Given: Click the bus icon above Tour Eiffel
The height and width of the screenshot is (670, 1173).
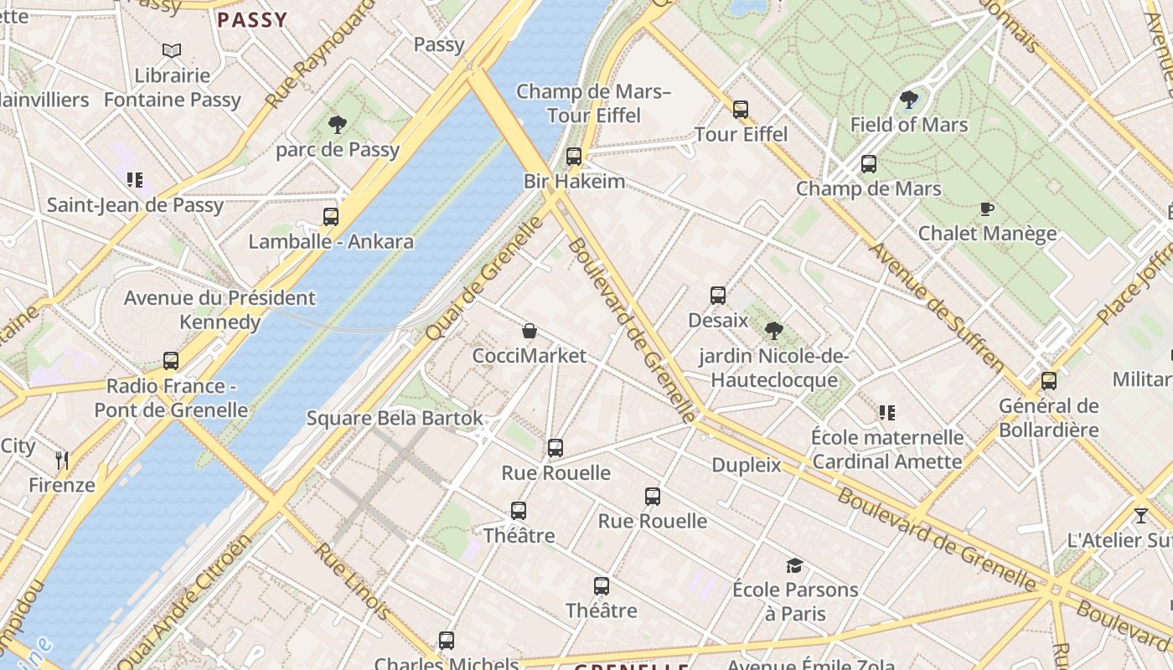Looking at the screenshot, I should pyautogui.click(x=740, y=109).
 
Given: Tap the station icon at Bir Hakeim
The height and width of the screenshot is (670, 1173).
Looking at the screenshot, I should pyautogui.click(x=574, y=156).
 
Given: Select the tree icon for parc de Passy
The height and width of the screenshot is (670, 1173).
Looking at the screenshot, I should pyautogui.click(x=338, y=125).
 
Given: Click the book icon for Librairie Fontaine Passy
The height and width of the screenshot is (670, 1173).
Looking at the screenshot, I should pyautogui.click(x=172, y=51).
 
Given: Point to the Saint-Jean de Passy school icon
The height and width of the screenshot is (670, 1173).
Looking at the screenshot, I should pyautogui.click(x=135, y=179).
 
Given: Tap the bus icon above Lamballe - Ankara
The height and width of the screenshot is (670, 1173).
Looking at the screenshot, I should pyautogui.click(x=331, y=217).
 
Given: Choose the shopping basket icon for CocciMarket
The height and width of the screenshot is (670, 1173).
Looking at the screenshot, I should pyautogui.click(x=530, y=331).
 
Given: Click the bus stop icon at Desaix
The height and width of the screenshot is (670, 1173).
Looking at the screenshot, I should pyautogui.click(x=718, y=295).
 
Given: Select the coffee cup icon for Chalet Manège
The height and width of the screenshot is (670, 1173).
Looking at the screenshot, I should pyautogui.click(x=987, y=209).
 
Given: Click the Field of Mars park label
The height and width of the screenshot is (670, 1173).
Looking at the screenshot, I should pyautogui.click(x=909, y=125).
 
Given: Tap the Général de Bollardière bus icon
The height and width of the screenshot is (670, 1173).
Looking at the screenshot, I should pyautogui.click(x=1048, y=381).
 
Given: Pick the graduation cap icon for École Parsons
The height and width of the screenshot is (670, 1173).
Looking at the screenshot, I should pyautogui.click(x=794, y=565).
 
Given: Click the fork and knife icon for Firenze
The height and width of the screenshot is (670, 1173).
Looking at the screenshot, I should pyautogui.click(x=61, y=460).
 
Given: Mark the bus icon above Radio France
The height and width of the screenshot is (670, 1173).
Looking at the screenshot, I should pyautogui.click(x=171, y=361).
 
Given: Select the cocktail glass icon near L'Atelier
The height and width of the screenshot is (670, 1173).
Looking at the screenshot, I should pyautogui.click(x=1140, y=515).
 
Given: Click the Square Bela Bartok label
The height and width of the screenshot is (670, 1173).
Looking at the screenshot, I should pyautogui.click(x=395, y=418).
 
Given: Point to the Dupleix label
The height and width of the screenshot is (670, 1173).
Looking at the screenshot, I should pyautogui.click(x=746, y=465).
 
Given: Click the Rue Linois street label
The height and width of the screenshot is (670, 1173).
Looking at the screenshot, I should pyautogui.click(x=352, y=581).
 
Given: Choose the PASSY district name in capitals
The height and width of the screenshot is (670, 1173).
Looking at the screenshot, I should pyautogui.click(x=252, y=20).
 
